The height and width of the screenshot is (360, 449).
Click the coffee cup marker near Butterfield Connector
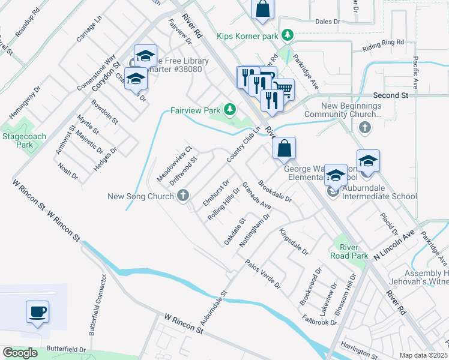click(37, 312)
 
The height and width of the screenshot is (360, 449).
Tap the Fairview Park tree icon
click(229, 109)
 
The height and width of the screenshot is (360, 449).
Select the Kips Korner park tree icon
click(288, 36)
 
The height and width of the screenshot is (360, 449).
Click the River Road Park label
click(349, 251)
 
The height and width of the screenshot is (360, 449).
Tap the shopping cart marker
click(285, 90)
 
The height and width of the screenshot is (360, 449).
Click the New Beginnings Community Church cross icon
click(364, 127)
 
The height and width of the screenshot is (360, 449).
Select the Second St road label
click(390, 95)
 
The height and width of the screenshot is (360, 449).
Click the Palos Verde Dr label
click(264, 273)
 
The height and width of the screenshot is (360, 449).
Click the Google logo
click(20, 353)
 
